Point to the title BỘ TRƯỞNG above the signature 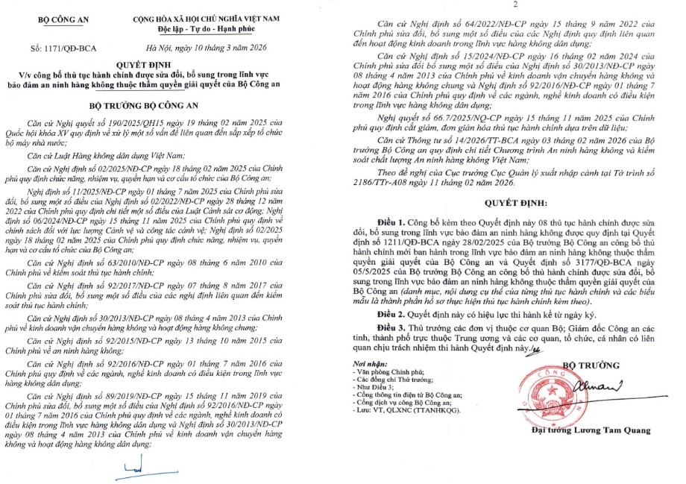point(594,365)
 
